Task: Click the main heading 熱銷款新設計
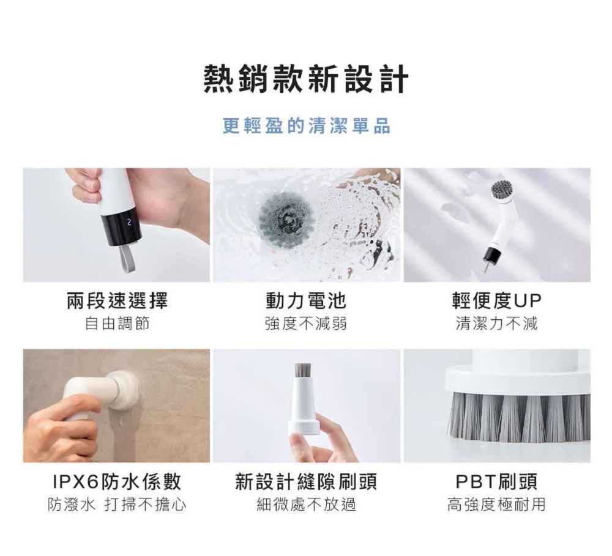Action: (307, 80)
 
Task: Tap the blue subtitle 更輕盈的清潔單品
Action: (307, 125)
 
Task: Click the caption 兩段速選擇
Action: (117, 300)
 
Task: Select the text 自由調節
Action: (117, 324)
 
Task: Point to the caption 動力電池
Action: (306, 300)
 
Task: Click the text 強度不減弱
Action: (306, 324)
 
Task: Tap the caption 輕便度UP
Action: (497, 300)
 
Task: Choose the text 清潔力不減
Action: (497, 324)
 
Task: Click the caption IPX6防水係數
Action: (117, 481)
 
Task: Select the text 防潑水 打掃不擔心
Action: (117, 505)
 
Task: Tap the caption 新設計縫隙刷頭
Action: (307, 481)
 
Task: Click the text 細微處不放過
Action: (307, 505)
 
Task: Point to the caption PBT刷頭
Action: (497, 481)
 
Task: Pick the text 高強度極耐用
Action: (497, 505)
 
